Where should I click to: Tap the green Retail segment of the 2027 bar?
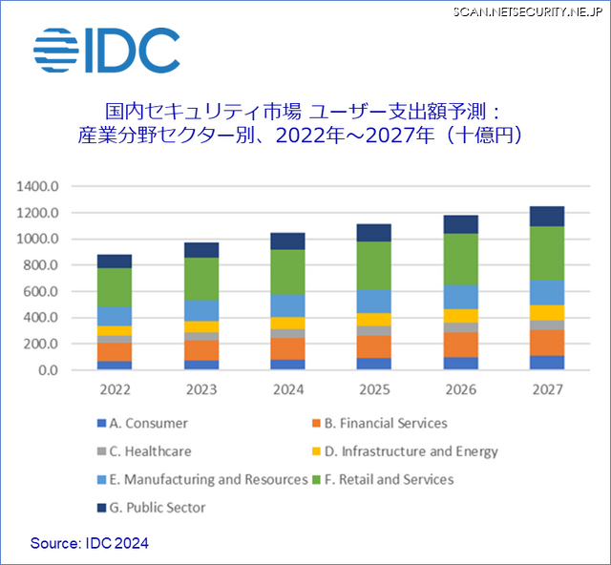[547, 253]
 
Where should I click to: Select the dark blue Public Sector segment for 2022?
[115, 261]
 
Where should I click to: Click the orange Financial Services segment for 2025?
[374, 346]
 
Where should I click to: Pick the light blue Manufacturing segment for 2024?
[287, 305]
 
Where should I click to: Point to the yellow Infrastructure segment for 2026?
[460, 316]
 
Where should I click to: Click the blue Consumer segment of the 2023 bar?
[201, 365]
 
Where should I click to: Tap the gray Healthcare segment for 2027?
[547, 324]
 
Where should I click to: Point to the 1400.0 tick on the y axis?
[39, 186]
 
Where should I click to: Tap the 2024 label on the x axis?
[287, 389]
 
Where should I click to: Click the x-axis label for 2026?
[460, 389]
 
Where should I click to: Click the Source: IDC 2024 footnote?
[90, 543]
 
